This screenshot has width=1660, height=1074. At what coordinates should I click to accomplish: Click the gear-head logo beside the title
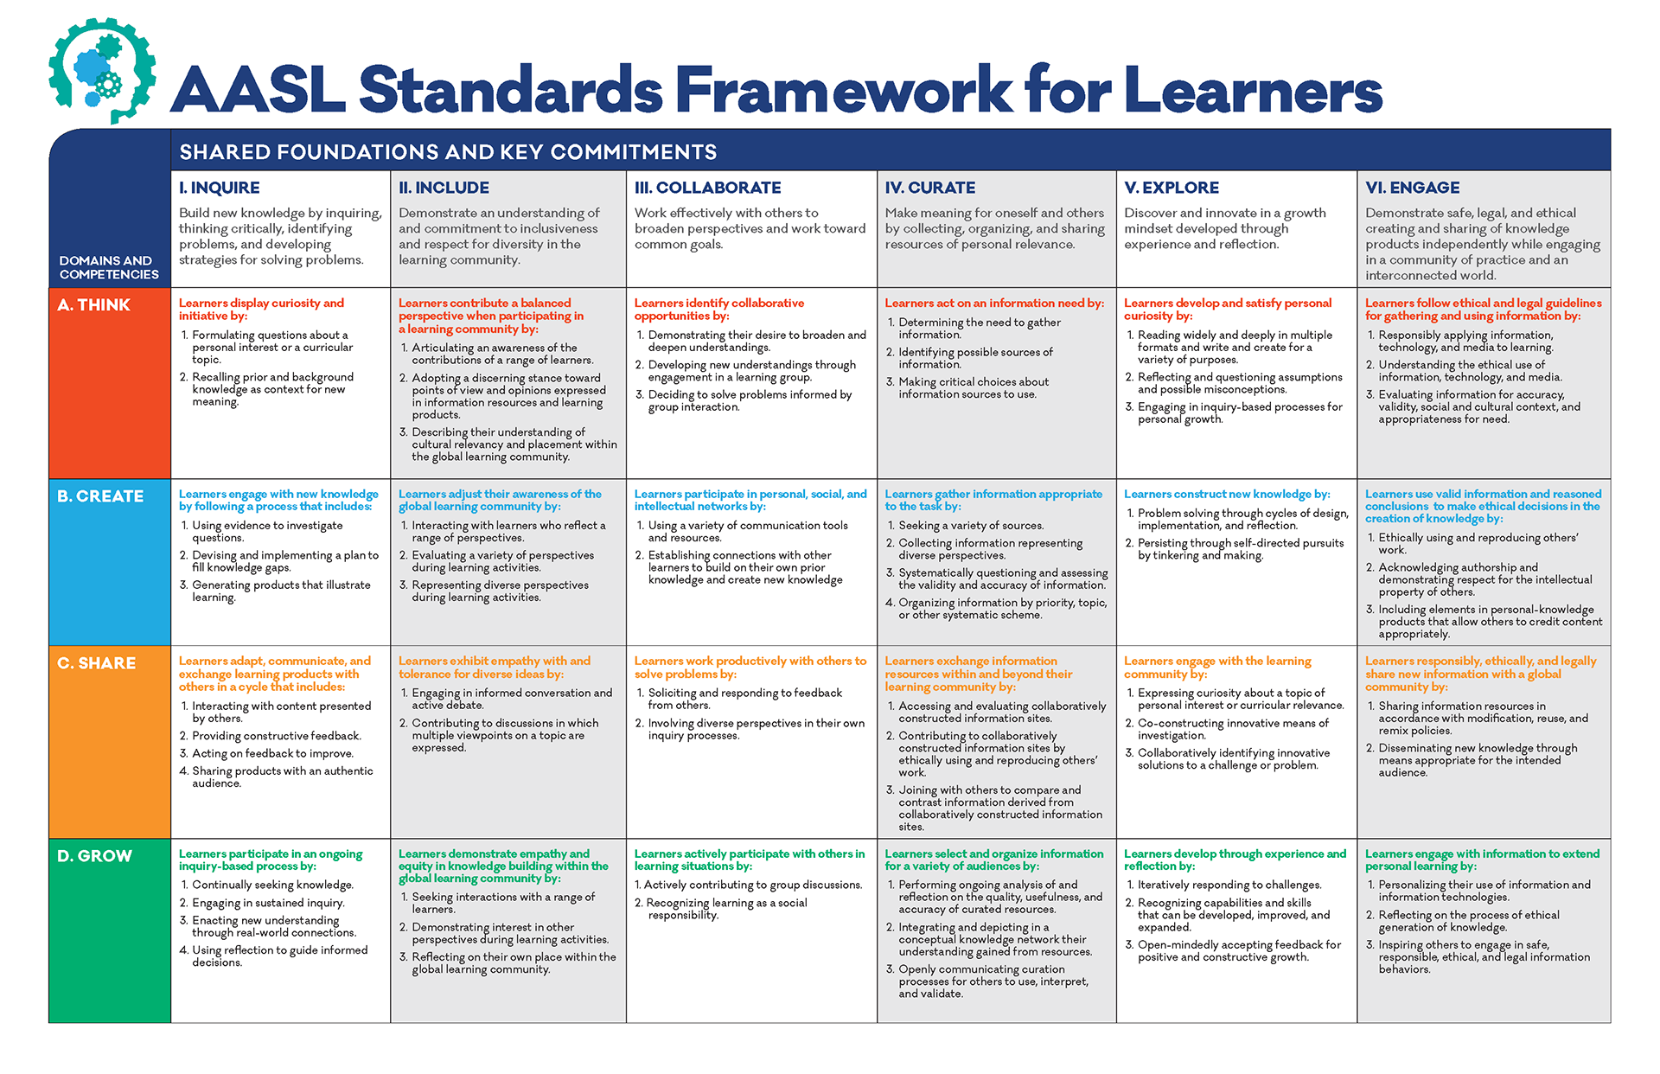102,71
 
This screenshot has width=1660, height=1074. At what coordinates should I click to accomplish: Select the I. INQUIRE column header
219,188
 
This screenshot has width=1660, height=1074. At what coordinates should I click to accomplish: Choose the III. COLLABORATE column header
707,188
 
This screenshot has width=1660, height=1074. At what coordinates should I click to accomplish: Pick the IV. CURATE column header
929,188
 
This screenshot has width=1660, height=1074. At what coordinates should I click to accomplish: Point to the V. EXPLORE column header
1172,188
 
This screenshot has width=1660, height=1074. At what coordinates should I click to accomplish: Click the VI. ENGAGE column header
1412,188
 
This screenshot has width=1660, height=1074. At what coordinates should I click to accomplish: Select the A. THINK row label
93,305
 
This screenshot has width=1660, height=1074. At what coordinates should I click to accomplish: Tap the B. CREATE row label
100,496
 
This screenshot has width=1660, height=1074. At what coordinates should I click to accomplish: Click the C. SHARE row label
96,663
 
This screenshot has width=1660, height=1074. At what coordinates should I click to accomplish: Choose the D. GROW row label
94,856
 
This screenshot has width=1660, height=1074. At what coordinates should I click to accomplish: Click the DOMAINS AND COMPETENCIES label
109,267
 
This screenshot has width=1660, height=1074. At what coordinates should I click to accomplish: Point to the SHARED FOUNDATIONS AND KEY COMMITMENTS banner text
448,152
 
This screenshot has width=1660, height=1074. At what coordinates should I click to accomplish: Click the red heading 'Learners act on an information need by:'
994,304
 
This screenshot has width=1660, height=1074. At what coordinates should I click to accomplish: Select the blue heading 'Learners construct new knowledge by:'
1227,495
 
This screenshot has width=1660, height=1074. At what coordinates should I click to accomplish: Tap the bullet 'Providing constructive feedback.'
271,736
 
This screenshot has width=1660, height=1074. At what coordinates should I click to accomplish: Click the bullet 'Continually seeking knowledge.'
266,885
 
